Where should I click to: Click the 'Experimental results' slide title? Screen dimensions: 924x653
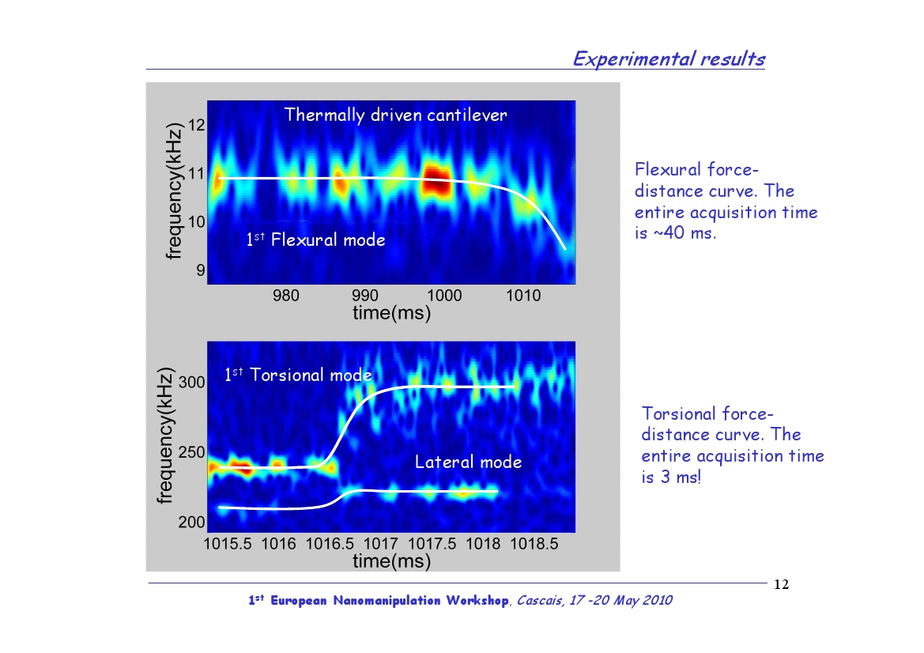[669, 59]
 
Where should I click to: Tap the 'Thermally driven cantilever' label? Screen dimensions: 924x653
[395, 115]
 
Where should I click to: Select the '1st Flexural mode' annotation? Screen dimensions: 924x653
[316, 240]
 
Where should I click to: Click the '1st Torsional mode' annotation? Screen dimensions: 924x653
[298, 375]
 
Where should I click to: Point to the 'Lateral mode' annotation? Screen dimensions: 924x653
[468, 462]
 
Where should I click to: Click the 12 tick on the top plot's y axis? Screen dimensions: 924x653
[196, 125]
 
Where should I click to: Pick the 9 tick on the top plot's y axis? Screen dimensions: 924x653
[200, 270]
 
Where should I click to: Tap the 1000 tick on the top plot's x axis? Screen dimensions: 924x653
[443, 295]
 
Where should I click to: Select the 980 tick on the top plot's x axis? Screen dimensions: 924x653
[286, 295]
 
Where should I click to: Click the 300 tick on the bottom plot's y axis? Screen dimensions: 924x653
[191, 383]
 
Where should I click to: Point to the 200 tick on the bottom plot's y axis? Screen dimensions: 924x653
[191, 523]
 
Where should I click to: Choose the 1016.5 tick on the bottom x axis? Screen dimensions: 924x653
[330, 543]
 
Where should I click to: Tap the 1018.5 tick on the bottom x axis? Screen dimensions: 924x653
[534, 543]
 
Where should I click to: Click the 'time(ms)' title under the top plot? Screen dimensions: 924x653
[391, 313]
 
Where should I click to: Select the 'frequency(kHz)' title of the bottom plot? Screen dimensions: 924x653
[165, 436]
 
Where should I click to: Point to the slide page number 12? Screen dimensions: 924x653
[782, 584]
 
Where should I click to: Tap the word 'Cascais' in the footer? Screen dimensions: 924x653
[538, 601]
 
